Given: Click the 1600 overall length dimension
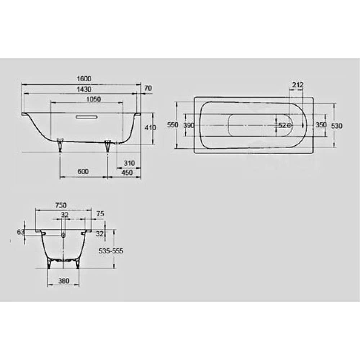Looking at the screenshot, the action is point(84,79).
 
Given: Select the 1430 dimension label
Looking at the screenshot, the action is point(84,89).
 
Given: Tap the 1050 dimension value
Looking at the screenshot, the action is point(94,99).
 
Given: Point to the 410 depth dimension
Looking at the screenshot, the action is point(150,127).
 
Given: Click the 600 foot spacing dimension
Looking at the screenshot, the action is point(83,171).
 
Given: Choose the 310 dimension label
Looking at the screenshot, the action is point(129,163).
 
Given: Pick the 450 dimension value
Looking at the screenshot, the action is point(127,172).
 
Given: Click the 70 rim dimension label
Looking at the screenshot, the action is point(148,88).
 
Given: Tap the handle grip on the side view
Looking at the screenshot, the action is point(86,117).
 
